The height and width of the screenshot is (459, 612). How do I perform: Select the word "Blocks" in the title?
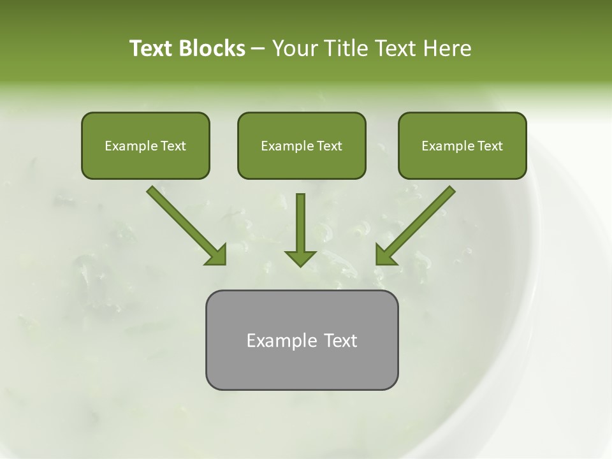point(211,48)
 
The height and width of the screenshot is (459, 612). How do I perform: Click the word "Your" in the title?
point(294,48)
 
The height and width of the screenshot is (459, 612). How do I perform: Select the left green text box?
point(145,145)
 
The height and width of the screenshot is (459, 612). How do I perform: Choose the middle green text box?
point(302,145)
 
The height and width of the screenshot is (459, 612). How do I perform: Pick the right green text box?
point(462,145)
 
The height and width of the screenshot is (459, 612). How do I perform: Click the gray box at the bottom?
point(302,340)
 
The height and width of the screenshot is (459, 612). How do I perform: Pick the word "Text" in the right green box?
point(490,146)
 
